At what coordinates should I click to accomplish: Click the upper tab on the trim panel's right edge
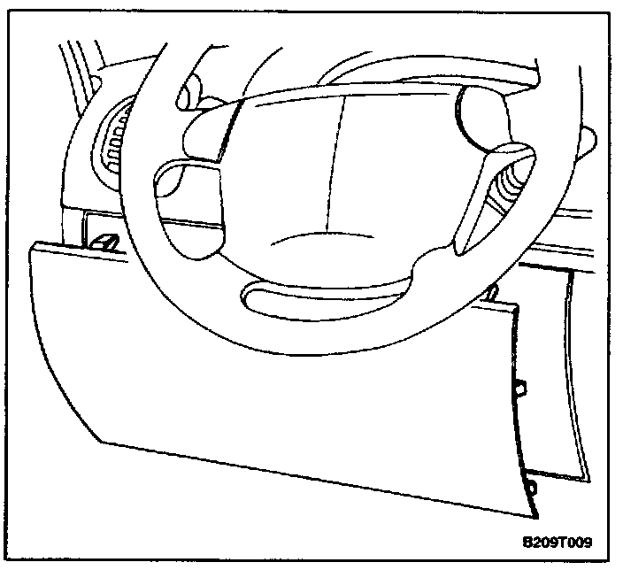click(520, 386)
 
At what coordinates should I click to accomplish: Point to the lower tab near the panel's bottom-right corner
click(530, 486)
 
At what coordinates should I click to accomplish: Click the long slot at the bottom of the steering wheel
click(327, 293)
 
